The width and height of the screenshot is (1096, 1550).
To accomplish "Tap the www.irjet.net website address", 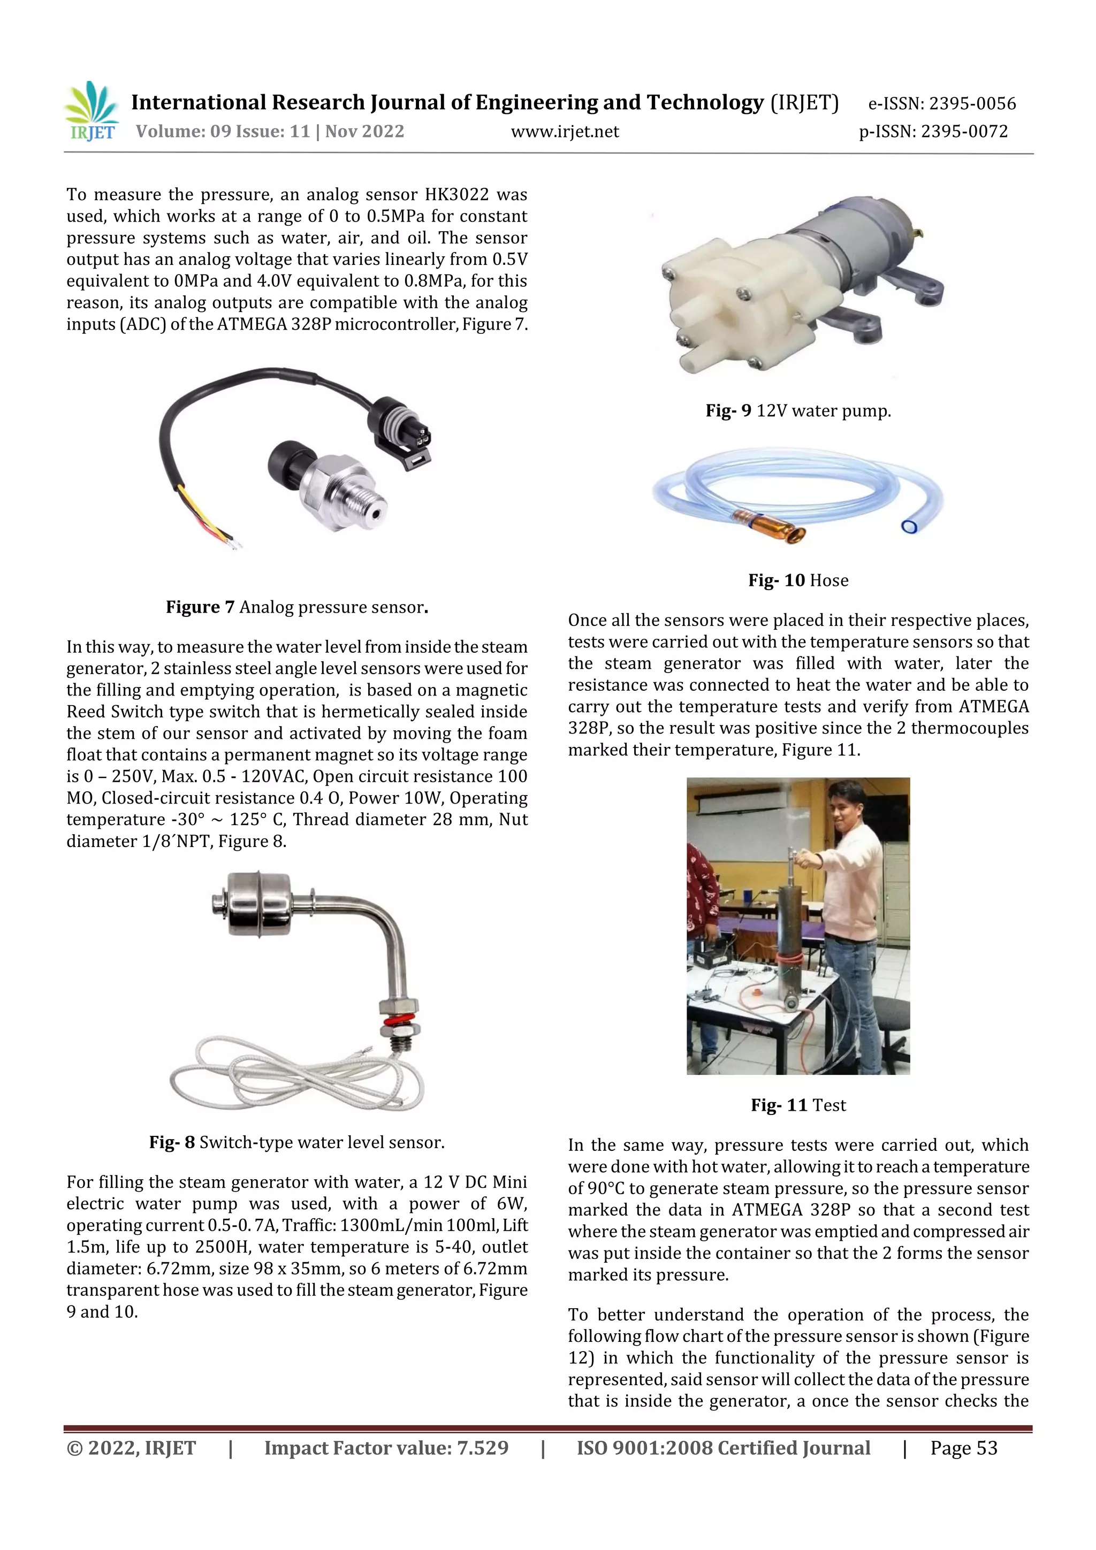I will click(x=565, y=132).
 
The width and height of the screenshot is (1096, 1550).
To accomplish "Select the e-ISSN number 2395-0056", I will click(x=972, y=103).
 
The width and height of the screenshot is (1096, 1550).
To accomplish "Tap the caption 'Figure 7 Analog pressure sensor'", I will click(x=297, y=607).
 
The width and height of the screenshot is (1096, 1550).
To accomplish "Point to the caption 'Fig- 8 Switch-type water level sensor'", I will click(x=297, y=1142).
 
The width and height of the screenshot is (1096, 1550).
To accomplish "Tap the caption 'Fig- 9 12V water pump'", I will click(x=798, y=410).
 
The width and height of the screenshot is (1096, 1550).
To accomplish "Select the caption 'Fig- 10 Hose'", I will click(x=798, y=580).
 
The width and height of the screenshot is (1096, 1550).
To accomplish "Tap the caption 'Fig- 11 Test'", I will click(x=798, y=1105).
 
